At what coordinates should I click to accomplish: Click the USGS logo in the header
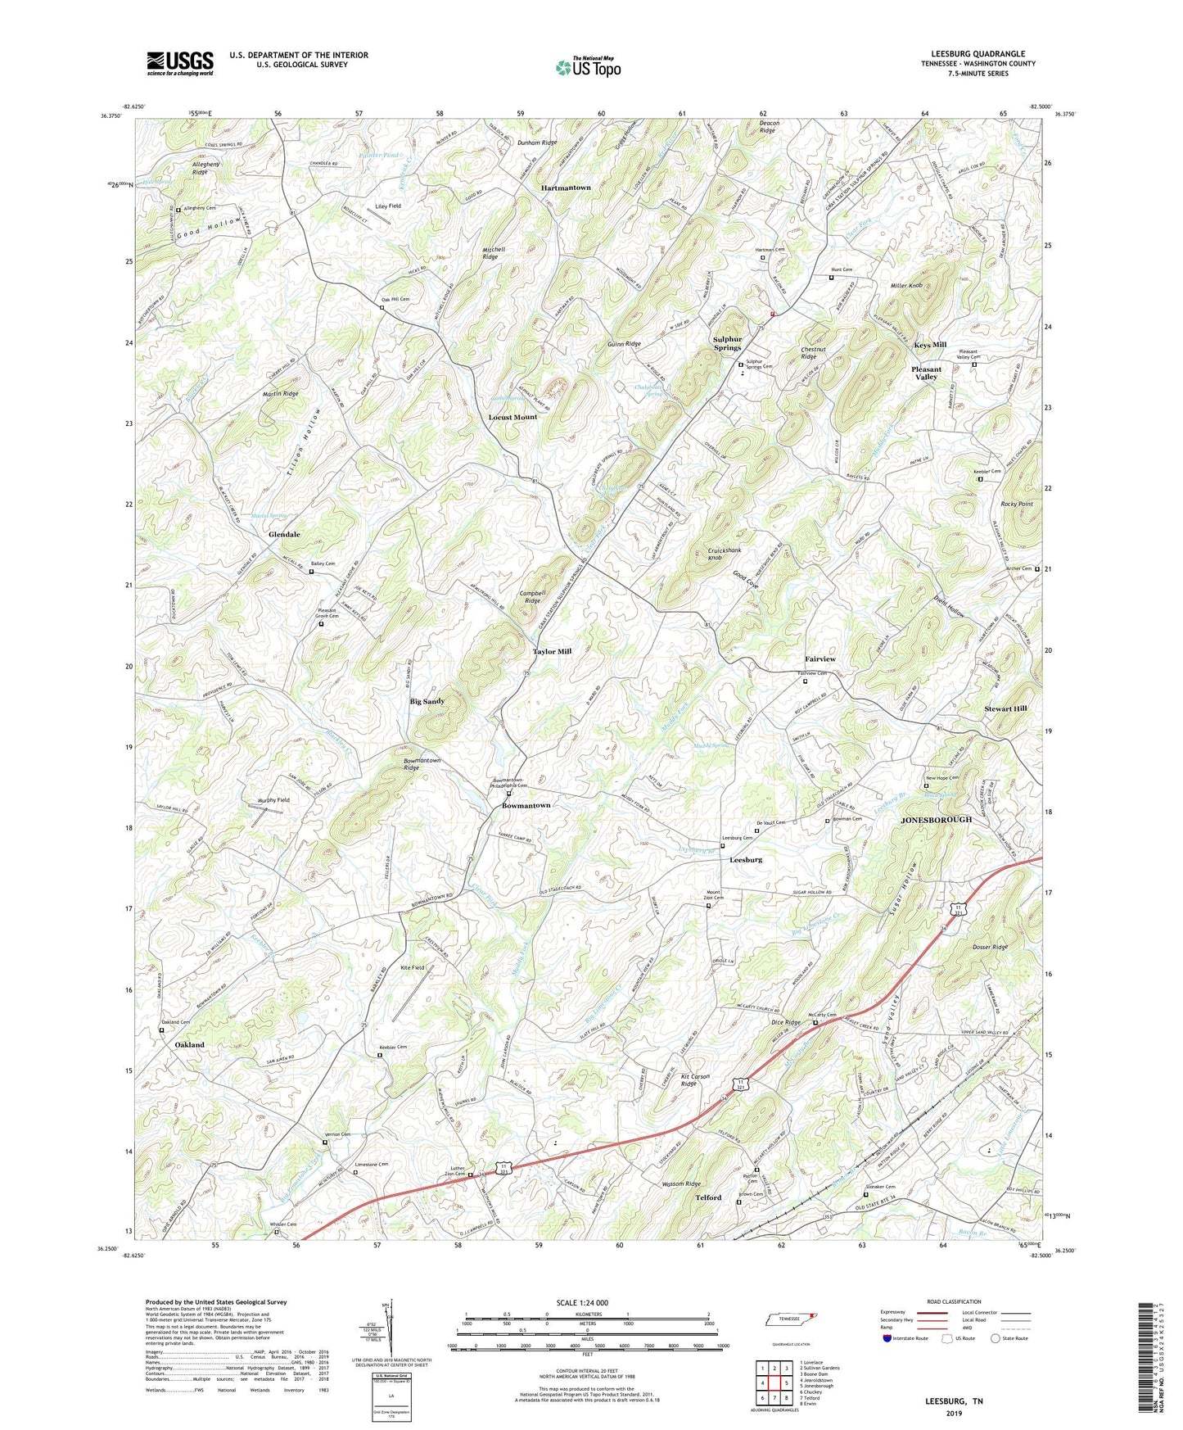click(180, 63)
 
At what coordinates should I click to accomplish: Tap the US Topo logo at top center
click(588, 67)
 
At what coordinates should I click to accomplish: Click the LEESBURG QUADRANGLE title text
click(978, 54)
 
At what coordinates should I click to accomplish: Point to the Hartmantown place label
click(566, 188)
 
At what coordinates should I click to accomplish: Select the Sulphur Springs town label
click(727, 343)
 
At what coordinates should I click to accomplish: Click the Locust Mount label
click(512, 417)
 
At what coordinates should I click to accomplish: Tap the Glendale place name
click(284, 534)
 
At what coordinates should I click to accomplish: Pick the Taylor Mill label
click(552, 651)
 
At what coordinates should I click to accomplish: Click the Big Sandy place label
click(427, 701)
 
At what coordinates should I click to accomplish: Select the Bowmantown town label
click(526, 805)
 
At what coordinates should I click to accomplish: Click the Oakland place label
click(190, 1045)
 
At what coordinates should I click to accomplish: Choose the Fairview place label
click(820, 658)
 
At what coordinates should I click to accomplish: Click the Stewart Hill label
click(1005, 708)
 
